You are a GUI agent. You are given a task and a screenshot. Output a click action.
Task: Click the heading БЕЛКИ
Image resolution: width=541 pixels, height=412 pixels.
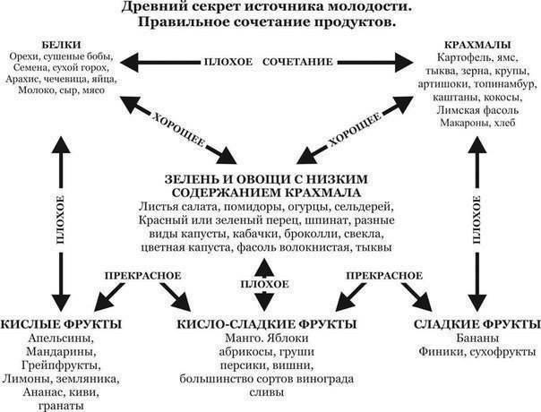pyautogui.click(x=62, y=45)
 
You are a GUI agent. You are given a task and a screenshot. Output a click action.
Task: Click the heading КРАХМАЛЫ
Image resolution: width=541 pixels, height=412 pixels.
pyautogui.click(x=477, y=45)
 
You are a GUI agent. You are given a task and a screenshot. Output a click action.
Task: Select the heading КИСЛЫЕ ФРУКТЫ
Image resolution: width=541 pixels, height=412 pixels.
pyautogui.click(x=61, y=324)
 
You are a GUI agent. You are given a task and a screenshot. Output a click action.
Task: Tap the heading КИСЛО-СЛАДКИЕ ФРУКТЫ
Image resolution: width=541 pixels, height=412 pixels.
pyautogui.click(x=267, y=324)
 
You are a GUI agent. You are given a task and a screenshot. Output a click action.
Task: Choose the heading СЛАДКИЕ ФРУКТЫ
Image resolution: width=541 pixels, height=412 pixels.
pyautogui.click(x=477, y=324)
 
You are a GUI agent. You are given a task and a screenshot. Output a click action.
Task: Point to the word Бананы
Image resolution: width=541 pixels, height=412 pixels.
pyautogui.click(x=477, y=339)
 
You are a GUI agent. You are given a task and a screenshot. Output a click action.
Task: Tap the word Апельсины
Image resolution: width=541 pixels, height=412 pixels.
pyautogui.click(x=62, y=339)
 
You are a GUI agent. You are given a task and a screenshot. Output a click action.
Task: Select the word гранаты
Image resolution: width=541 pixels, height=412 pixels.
pyautogui.click(x=62, y=406)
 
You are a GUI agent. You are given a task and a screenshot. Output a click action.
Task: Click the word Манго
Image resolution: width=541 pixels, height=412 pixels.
pyautogui.click(x=244, y=339)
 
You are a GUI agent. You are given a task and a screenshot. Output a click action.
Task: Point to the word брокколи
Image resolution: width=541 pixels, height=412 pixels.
pyautogui.click(x=313, y=234)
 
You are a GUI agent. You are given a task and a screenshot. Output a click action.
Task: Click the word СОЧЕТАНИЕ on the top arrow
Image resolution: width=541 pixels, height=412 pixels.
pyautogui.click(x=297, y=62)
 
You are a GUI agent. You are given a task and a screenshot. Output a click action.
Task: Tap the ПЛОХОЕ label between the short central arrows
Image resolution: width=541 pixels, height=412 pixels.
pyautogui.click(x=264, y=284)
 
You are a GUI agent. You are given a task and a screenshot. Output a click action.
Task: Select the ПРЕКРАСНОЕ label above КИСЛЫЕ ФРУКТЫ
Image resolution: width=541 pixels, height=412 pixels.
pyautogui.click(x=142, y=276)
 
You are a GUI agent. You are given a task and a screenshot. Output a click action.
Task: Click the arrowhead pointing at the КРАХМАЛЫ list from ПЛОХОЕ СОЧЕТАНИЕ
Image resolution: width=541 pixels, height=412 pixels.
pyautogui.click(x=404, y=63)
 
